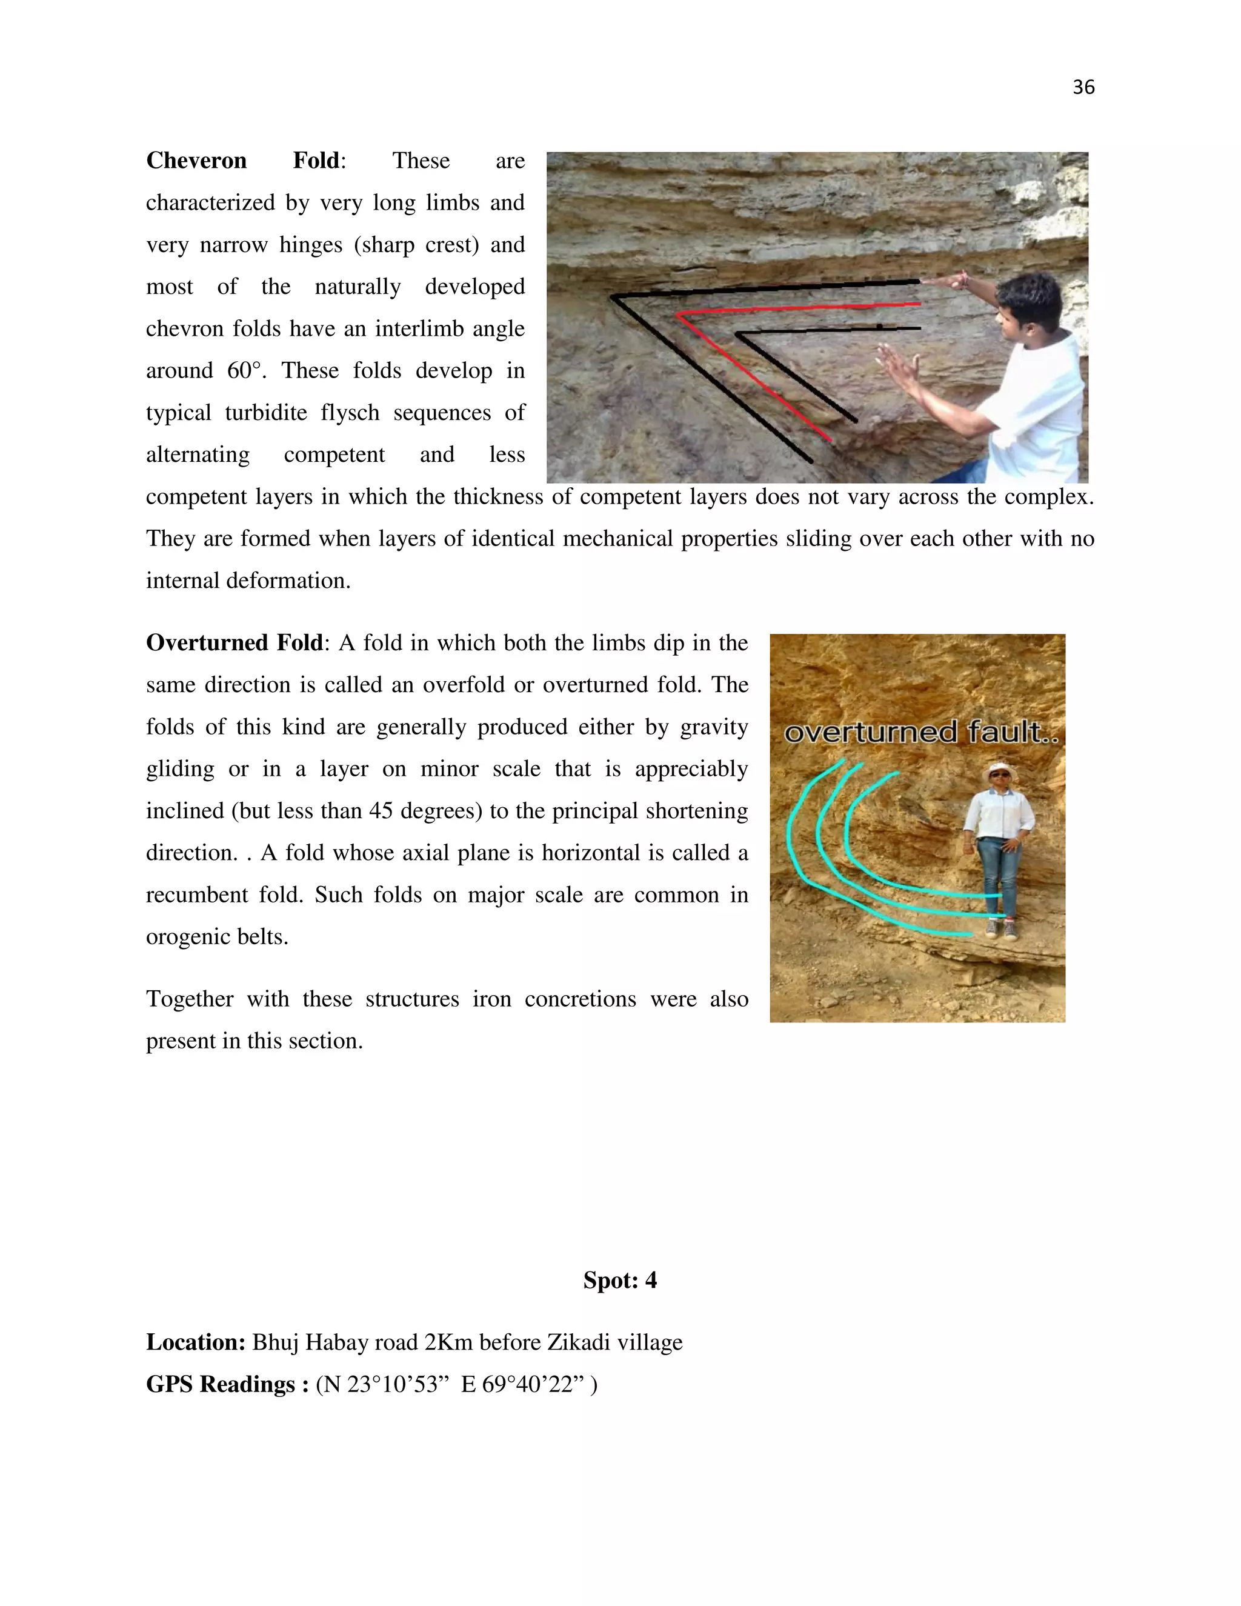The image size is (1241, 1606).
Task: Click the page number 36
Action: click(1083, 87)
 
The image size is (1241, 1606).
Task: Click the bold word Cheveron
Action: click(196, 161)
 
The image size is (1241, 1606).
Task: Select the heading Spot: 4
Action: click(620, 1280)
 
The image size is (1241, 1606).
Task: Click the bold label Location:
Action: click(196, 1342)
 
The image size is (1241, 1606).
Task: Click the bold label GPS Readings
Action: click(221, 1385)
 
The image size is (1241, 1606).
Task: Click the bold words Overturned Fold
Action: click(234, 642)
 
